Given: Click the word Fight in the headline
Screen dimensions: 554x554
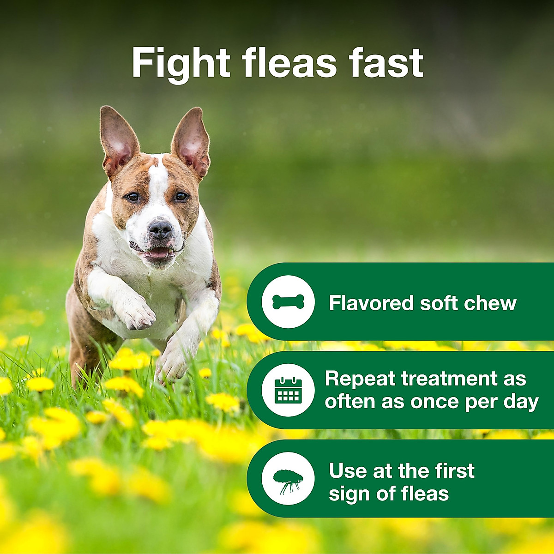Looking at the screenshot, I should pyautogui.click(x=181, y=63).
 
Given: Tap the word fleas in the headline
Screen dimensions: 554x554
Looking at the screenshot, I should pyautogui.click(x=290, y=63).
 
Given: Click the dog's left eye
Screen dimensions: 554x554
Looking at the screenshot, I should pyautogui.click(x=181, y=197).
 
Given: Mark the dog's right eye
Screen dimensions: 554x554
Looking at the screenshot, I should pyautogui.click(x=132, y=197).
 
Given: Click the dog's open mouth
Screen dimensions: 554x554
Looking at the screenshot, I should pyautogui.click(x=157, y=253).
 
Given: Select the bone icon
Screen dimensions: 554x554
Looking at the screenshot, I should pyautogui.click(x=288, y=302).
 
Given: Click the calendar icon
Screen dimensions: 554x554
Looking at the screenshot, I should pyautogui.click(x=288, y=390).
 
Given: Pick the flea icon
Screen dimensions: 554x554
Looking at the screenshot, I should pyautogui.click(x=288, y=478).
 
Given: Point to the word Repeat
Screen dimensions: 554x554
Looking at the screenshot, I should pyautogui.click(x=360, y=379).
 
